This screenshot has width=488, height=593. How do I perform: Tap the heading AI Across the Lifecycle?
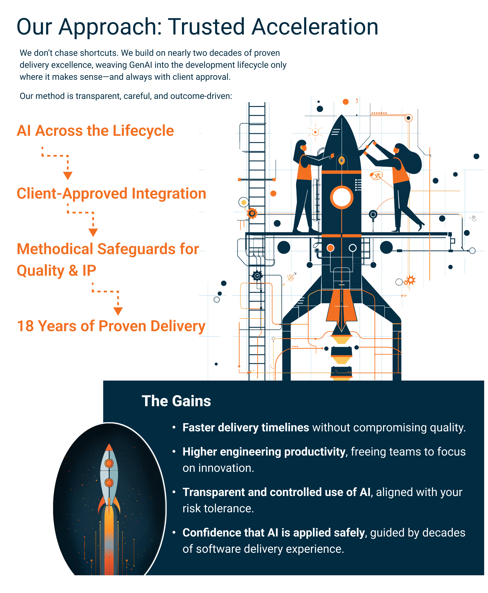point(95,131)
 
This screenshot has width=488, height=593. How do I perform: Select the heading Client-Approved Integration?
point(111,194)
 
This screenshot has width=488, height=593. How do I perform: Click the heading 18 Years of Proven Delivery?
point(111,326)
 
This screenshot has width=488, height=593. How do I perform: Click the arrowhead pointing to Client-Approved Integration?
point(68,176)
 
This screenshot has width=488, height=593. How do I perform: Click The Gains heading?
point(176,401)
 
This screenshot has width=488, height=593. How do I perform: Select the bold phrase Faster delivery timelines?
point(246,428)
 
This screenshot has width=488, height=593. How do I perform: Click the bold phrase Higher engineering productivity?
point(264,451)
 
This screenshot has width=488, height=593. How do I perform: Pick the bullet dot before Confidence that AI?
point(174,532)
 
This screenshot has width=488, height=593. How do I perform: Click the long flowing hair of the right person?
point(412,159)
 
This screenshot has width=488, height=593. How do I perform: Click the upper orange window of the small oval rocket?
point(109,463)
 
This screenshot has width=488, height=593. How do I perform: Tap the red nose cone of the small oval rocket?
point(109,447)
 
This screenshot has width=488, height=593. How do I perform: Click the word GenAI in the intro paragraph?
point(141,65)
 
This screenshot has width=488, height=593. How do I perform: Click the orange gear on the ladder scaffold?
point(252,213)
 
